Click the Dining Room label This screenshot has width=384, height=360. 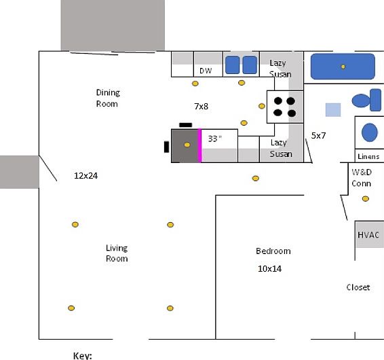(108, 98)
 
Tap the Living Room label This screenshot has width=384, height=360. (117, 253)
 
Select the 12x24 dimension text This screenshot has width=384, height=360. (85, 176)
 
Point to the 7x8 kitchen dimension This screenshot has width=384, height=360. (201, 107)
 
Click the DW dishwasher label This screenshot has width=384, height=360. (206, 71)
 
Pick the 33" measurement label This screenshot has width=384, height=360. (215, 139)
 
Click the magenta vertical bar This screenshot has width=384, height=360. (199, 145)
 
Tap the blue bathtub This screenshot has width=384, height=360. (343, 67)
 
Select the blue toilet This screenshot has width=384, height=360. (366, 100)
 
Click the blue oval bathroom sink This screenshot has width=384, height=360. (370, 132)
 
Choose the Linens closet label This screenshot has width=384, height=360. (368, 156)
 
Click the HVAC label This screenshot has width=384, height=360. (368, 235)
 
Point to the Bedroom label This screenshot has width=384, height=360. (273, 251)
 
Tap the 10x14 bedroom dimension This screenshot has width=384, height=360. (269, 269)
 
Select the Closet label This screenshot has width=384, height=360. (358, 287)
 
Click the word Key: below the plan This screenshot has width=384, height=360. (83, 356)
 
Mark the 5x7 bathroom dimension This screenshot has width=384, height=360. (318, 135)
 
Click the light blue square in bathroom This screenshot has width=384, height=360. (333, 110)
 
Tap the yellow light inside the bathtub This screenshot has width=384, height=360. (343, 67)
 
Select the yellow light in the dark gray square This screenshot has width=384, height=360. (187, 145)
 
